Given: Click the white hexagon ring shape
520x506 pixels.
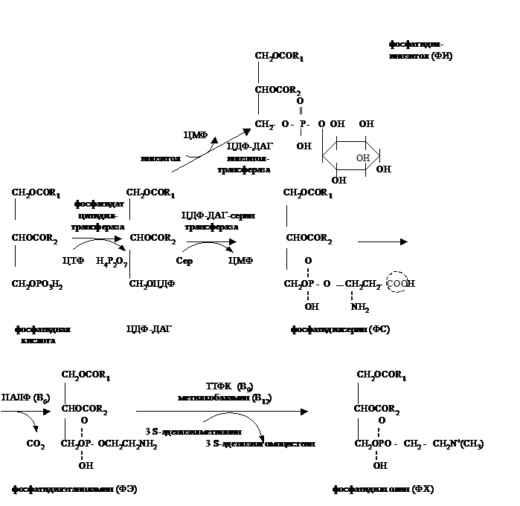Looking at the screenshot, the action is pos(350,157).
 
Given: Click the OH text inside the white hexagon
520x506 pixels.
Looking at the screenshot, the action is pos(363,158).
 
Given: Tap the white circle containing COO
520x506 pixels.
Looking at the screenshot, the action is pos(397,283).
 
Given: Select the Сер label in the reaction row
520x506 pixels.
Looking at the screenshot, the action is pos(185,262).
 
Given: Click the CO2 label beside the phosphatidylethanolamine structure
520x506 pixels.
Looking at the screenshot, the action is pos(34,444).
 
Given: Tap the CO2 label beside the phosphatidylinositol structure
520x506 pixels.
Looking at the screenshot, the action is pos(263,123).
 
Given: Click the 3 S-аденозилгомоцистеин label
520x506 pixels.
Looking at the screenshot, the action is pos(260,444).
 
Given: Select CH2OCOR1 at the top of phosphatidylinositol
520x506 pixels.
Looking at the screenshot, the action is pos(278,56).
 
